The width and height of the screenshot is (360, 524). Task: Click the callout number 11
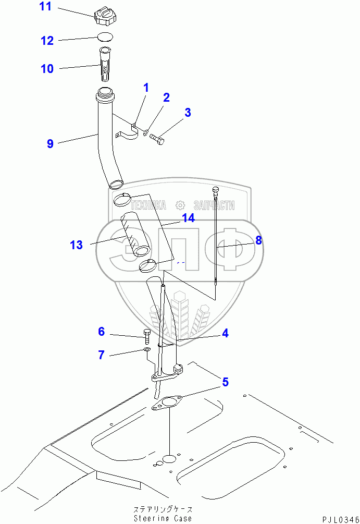click(x=46, y=7)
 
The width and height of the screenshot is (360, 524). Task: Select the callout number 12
click(x=47, y=40)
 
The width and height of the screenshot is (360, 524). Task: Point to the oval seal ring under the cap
click(x=105, y=36)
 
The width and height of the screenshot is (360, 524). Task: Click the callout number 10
click(x=47, y=68)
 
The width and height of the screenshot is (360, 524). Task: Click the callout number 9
click(x=50, y=143)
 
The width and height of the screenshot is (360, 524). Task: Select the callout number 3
click(x=188, y=112)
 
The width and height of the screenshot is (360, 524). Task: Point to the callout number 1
click(x=146, y=88)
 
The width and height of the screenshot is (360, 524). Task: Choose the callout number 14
click(x=188, y=218)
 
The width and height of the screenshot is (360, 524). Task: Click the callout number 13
click(x=76, y=245)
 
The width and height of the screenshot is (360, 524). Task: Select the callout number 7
click(x=101, y=355)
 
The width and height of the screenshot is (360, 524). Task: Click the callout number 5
click(x=225, y=382)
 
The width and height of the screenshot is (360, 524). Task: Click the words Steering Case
click(x=163, y=518)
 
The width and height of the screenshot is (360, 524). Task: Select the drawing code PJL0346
click(x=339, y=519)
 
